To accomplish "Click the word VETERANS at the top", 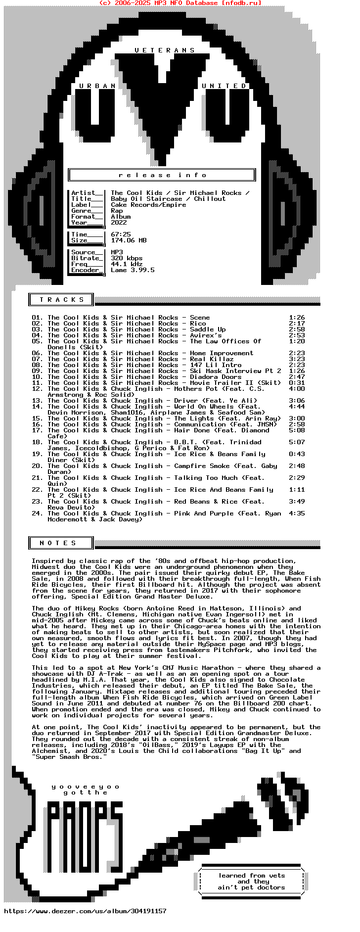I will click(165, 50).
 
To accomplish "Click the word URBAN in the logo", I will click(97, 86).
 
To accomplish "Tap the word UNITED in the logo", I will click(224, 86).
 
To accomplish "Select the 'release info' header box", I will click(162, 175).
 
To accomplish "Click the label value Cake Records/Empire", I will click(148, 205).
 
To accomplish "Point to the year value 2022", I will click(119, 223).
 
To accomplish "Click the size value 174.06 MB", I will click(129, 240).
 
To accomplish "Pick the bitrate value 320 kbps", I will click(127, 258).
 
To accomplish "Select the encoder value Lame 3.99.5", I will click(133, 270).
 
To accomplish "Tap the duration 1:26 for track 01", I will click(297, 318).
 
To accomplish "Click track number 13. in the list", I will click(37, 401).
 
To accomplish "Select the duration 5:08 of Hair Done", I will click(297, 430).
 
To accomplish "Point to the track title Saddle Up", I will click(208, 329).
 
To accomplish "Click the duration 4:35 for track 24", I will click(297, 513).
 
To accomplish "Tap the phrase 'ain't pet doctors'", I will click(251, 887).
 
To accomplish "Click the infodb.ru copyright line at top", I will click(180, 3).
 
